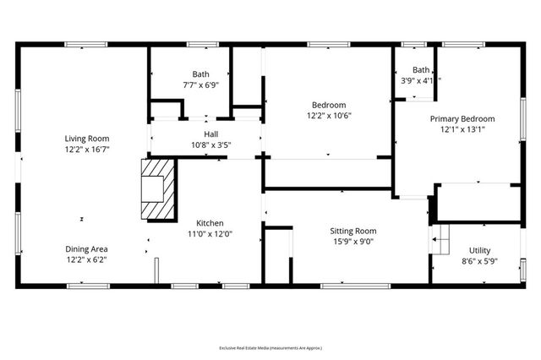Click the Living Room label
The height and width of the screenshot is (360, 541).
tap(87, 138)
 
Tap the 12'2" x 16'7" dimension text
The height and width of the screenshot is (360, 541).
tap(87, 149)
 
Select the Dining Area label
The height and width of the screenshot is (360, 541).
tap(87, 248)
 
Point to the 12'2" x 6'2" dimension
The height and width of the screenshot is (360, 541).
tap(87, 259)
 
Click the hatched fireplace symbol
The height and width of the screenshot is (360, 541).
tap(157, 190)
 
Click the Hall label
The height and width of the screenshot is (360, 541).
tap(211, 134)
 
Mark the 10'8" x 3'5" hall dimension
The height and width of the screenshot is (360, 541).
tap(211, 145)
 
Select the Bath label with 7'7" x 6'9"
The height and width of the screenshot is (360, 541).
tap(200, 74)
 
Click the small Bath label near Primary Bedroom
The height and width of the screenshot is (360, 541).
tap(420, 70)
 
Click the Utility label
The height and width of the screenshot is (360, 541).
tap(479, 251)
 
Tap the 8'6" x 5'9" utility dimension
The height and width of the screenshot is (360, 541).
tap(479, 262)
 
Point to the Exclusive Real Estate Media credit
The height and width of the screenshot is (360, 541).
tap(270, 347)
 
